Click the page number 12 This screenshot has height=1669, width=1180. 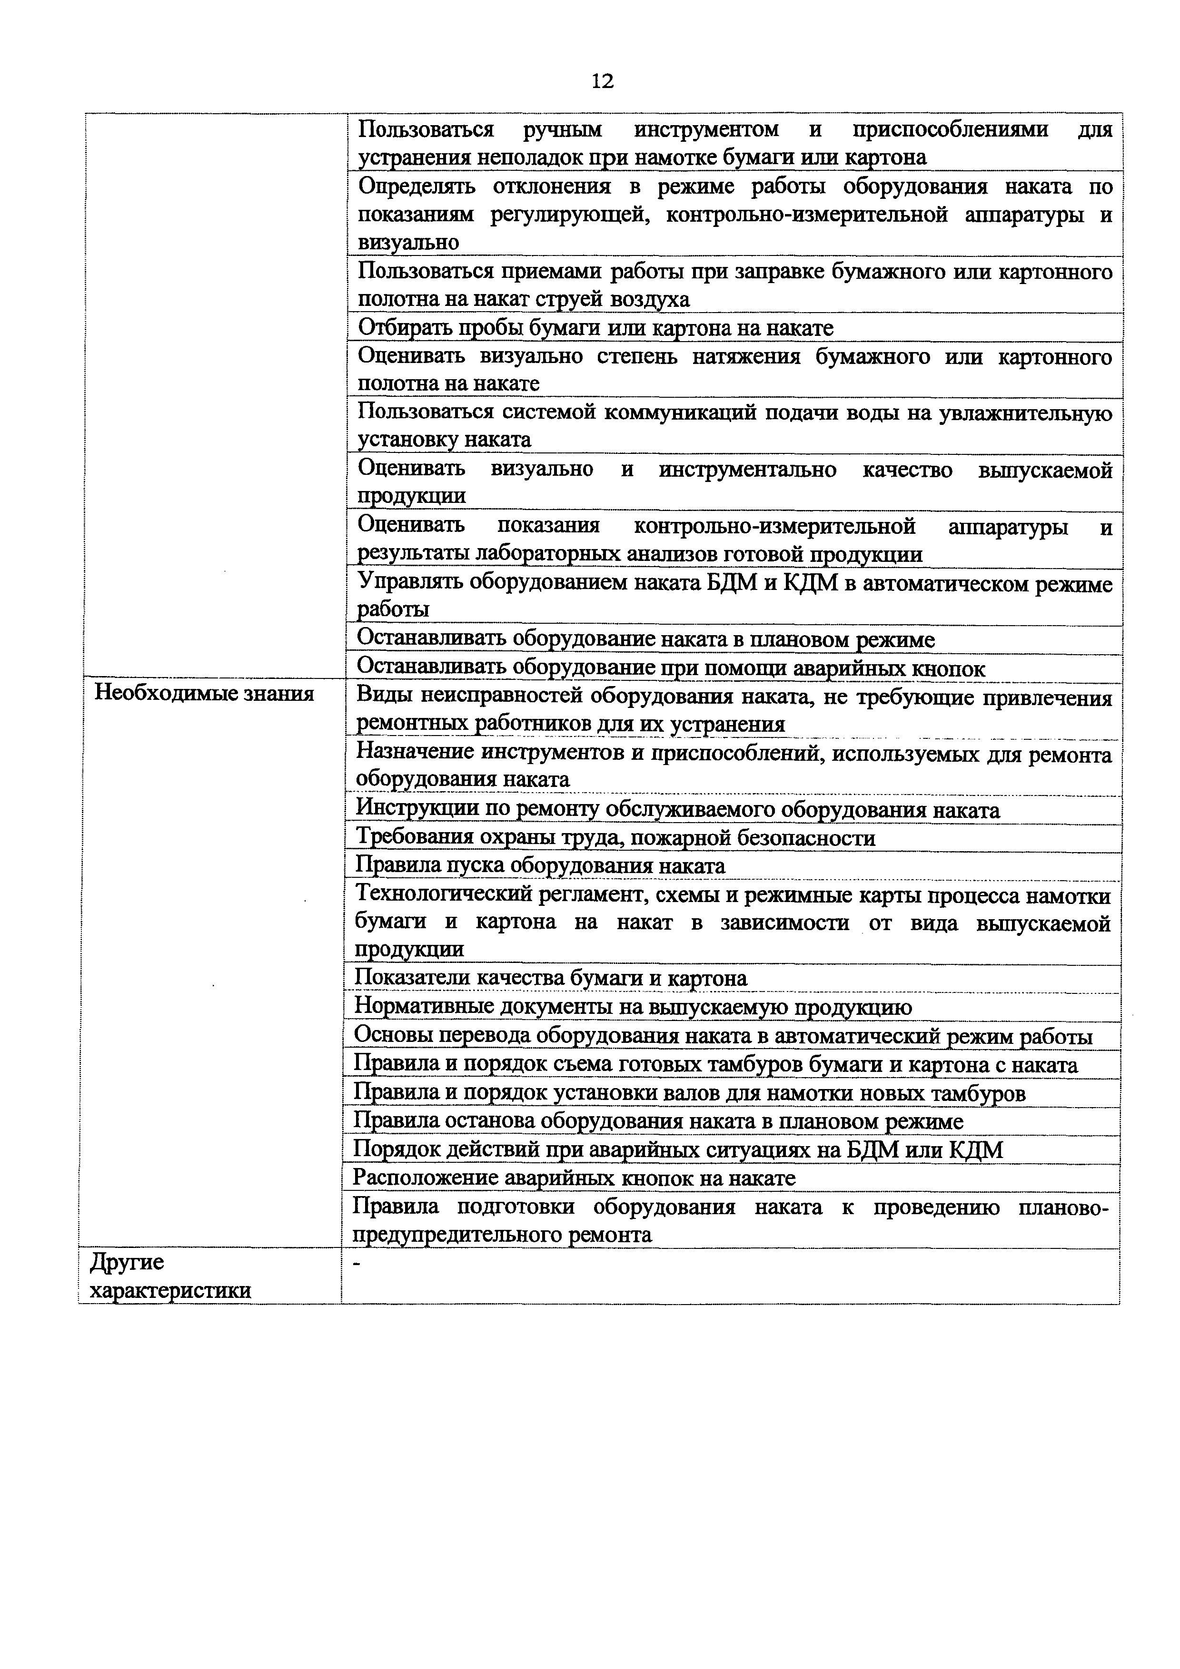click(602, 81)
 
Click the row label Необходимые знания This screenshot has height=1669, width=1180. click(205, 694)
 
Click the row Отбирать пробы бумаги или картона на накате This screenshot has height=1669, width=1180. click(596, 329)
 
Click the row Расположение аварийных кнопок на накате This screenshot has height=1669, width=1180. click(575, 1178)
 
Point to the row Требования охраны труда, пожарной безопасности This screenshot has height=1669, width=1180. click(615, 838)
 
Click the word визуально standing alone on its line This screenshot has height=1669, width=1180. click(408, 242)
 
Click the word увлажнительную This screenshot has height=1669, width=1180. click(1025, 413)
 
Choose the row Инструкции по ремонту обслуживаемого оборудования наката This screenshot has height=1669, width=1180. click(677, 810)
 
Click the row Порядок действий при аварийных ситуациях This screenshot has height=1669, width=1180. click(678, 1149)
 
